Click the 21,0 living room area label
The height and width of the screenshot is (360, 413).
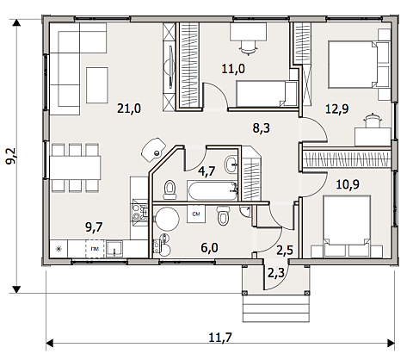[129, 109]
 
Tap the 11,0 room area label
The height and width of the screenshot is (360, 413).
[233, 69]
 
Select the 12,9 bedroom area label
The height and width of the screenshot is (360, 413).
[337, 109]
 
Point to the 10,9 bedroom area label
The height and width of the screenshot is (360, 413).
[348, 184]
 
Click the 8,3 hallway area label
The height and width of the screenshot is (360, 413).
[262, 127]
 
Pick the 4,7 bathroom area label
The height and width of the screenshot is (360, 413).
[206, 171]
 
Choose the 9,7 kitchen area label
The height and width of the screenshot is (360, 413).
[94, 227]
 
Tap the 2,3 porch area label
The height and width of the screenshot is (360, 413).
[276, 272]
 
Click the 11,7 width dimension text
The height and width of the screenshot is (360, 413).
[220, 338]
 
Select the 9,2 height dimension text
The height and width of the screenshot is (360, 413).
[11, 156]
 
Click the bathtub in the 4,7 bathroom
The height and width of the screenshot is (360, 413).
[213, 190]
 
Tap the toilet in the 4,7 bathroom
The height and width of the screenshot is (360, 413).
[170, 189]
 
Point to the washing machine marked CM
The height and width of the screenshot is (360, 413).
[196, 214]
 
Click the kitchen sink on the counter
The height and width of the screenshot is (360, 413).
[114, 249]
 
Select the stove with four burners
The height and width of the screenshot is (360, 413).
[139, 212]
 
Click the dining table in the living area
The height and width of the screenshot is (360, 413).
[75, 168]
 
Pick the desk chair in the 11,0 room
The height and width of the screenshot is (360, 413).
[247, 47]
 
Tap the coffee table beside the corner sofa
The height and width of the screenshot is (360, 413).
[97, 85]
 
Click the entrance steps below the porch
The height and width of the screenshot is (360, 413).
[276, 308]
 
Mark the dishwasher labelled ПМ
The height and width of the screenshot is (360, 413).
[94, 249]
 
